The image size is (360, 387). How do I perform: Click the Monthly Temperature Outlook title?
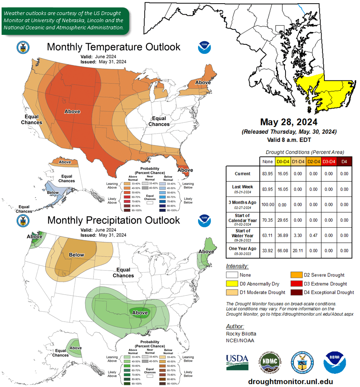(114, 47)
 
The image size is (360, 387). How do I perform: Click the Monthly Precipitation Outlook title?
(114, 220)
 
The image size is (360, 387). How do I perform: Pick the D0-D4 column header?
(282, 161)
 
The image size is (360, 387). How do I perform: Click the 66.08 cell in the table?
(282, 251)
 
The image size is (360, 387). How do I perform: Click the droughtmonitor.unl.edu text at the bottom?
(290, 381)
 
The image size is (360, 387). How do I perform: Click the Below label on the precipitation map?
(76, 255)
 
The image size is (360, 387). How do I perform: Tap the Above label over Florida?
(185, 170)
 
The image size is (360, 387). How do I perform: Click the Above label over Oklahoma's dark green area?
(140, 313)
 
